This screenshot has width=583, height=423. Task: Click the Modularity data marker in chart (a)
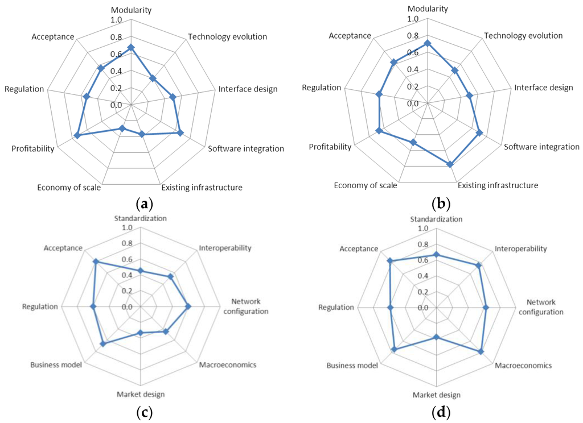coord(131,47)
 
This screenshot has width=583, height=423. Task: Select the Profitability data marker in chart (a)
coord(77,135)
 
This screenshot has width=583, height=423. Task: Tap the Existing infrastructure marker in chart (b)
coord(450,164)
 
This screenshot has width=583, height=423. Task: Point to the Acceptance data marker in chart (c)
coord(96,262)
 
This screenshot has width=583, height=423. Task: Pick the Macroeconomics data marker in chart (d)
coord(481,351)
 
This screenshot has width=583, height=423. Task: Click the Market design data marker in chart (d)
coord(437,337)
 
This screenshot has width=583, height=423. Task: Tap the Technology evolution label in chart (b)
coord(523,36)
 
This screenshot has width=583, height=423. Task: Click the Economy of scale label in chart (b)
coord(365,185)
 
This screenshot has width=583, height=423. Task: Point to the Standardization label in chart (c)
coord(141,218)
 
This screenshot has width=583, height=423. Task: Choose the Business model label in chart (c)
coord(56,364)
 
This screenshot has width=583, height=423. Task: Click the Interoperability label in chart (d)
coord(520,248)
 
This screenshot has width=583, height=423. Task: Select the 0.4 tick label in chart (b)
coord(413,70)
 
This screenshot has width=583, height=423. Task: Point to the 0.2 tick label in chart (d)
coord(422,292)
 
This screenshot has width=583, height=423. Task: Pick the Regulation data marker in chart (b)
coord(379,94)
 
